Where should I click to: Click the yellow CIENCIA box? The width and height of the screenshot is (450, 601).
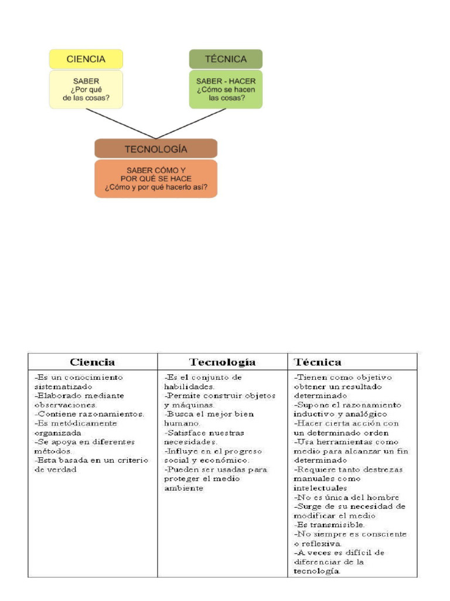[86, 59]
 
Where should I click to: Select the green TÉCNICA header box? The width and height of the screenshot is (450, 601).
[226, 59]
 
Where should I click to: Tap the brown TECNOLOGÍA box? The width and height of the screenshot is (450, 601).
[156, 149]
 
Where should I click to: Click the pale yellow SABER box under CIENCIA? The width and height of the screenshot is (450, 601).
[86, 89]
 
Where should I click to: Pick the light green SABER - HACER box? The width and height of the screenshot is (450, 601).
[226, 89]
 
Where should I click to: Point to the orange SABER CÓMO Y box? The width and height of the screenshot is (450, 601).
[156, 178]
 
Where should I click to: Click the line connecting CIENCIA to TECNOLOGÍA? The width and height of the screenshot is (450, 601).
[120, 123]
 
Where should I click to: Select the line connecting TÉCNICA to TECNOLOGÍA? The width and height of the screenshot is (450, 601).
[191, 123]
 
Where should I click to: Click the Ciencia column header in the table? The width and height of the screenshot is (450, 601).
[93, 362]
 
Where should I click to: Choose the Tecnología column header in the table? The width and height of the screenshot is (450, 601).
[222, 362]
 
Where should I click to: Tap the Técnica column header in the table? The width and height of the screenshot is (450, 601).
[318, 362]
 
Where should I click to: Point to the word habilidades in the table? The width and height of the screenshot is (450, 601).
[189, 386]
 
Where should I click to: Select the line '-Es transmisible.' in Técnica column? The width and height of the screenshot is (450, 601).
[329, 525]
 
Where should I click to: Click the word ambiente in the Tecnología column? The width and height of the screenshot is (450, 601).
[183, 488]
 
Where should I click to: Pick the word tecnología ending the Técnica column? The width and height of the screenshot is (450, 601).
[317, 571]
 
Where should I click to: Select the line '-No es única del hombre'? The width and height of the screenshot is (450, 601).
[346, 497]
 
